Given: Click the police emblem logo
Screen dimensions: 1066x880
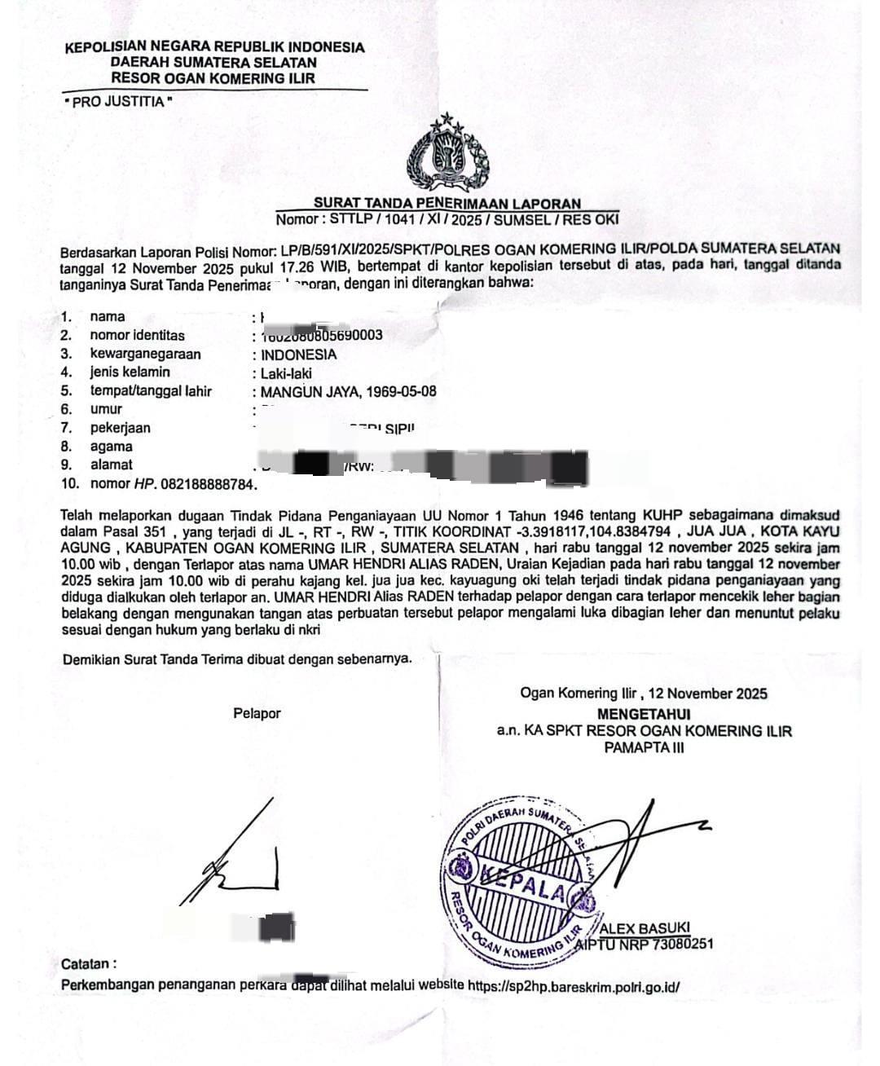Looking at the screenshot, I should (x=447, y=155).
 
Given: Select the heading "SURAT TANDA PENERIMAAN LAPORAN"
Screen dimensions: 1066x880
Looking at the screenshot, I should (x=447, y=203).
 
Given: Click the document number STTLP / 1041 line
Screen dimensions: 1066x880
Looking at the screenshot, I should (x=447, y=219).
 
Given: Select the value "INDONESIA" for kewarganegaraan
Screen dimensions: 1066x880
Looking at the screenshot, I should (x=298, y=355).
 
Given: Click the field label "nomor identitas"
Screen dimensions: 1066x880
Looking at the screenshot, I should (x=137, y=336).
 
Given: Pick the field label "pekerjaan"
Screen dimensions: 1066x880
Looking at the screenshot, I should (x=120, y=428).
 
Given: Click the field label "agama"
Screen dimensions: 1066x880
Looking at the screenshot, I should (x=111, y=447).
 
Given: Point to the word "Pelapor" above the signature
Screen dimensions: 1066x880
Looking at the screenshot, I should (x=257, y=714).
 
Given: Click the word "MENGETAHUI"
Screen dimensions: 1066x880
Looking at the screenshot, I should (x=644, y=713).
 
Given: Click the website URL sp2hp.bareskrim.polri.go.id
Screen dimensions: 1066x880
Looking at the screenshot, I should (x=574, y=985).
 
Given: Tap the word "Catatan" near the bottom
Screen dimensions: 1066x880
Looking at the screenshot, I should (x=88, y=964).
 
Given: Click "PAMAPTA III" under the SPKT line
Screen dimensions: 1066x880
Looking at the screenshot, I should (x=644, y=747).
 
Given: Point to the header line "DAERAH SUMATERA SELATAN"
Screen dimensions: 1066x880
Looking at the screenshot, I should (x=213, y=63).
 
